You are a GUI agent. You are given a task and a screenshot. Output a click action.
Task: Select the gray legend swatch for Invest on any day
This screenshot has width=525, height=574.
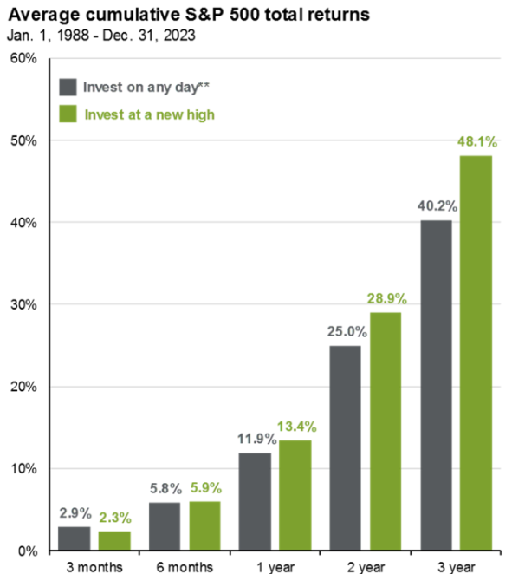67,87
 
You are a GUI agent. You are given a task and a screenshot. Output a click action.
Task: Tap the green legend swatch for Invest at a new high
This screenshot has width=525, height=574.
67,114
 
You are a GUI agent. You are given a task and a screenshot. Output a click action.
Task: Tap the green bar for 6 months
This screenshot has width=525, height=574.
205,525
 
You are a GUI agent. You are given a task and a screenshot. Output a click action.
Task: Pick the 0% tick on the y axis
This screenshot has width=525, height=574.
25,551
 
